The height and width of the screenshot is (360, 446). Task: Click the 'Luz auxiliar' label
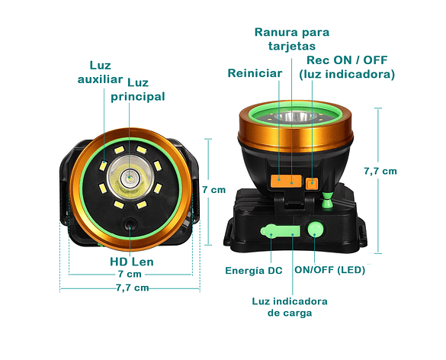point(100,72)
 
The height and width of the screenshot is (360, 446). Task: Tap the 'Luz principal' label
point(138,90)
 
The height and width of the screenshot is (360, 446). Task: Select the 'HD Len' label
point(132,262)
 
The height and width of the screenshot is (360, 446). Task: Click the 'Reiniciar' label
point(255,73)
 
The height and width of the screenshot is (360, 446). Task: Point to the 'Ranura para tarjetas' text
point(292,39)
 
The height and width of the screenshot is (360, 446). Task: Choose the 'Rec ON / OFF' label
point(347,60)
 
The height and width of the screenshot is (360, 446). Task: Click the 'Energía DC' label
point(254,271)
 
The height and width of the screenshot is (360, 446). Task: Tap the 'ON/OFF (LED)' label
point(329,270)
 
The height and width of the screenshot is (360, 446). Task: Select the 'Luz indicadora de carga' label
point(290,307)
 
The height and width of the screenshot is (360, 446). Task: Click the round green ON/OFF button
point(315,230)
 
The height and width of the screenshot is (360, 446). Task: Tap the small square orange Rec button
point(312,183)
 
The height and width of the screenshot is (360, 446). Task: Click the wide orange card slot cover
point(286,181)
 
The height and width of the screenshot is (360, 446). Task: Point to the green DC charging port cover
point(280,231)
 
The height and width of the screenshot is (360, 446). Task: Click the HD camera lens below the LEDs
point(130,225)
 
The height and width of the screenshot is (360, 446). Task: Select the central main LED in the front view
point(130,178)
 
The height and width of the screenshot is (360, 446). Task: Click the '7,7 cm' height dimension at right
point(380,171)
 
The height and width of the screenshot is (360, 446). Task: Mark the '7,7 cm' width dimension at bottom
point(133,288)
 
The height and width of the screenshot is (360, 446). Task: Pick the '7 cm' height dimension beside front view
point(214,189)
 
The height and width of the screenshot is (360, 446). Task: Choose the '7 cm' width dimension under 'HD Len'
point(130,274)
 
